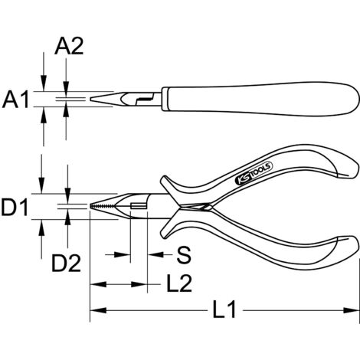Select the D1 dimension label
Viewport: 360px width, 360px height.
coord(17,206)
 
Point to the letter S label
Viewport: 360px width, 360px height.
coord(182,254)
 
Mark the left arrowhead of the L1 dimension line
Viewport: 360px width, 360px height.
coord(94,312)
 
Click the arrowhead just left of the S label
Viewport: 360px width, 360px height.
coord(155,254)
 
